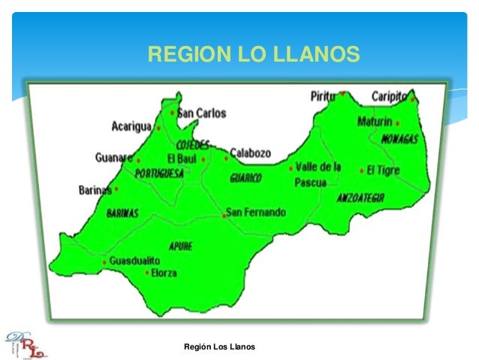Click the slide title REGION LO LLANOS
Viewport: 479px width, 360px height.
(x=254, y=54)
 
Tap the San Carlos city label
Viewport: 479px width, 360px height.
(x=200, y=113)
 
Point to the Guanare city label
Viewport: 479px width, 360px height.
(x=114, y=158)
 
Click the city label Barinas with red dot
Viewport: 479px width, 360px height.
(x=95, y=190)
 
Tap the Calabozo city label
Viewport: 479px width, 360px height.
(x=250, y=153)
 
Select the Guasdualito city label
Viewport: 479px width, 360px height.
(x=134, y=261)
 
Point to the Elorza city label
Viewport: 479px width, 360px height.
(x=164, y=273)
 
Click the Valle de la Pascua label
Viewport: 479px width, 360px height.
(x=318, y=174)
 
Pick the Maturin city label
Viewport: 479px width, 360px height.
(x=375, y=122)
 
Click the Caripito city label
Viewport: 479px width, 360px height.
(x=389, y=96)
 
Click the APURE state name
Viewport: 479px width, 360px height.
(x=181, y=245)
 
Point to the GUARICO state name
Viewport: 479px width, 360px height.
(x=246, y=178)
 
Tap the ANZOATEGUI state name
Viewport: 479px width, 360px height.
(x=360, y=198)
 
